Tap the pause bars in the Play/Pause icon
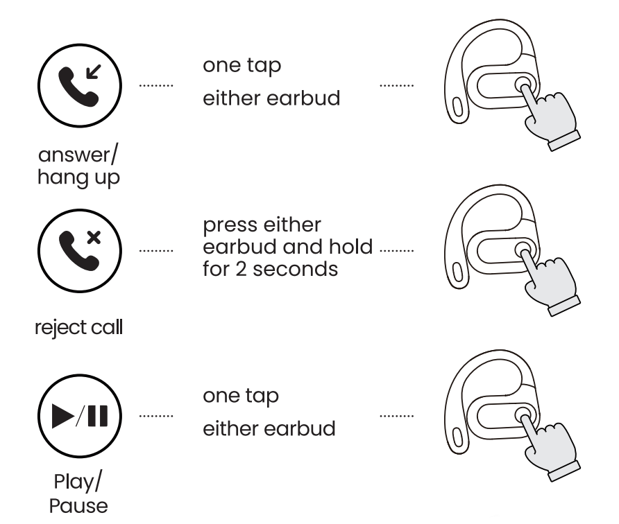(x=98, y=417)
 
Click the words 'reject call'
(x=78, y=326)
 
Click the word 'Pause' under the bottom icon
(x=78, y=505)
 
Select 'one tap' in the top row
(x=242, y=66)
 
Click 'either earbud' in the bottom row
(x=269, y=428)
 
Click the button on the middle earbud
(x=523, y=250)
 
